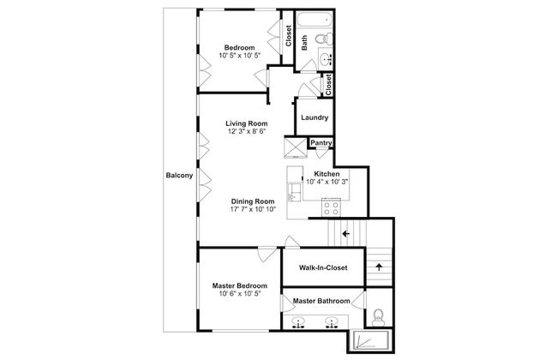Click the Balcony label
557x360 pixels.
(179, 175)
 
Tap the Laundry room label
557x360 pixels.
(314, 117)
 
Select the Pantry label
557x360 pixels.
(321, 142)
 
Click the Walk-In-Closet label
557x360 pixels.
(323, 267)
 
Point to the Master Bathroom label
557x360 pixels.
(321, 301)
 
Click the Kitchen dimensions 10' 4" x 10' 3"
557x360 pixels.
(326, 182)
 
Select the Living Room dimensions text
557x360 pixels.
(247, 131)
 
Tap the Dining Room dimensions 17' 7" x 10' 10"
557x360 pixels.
(253, 209)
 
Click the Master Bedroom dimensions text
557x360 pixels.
(240, 293)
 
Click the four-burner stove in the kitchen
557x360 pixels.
(331, 207)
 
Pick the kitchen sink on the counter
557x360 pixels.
(293, 192)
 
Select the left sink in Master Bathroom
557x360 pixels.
(298, 322)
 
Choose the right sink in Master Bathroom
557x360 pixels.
(331, 322)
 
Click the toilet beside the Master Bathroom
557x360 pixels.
(378, 317)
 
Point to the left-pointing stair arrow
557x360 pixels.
(345, 233)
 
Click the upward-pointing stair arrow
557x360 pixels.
(380, 267)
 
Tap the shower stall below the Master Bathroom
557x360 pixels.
(371, 341)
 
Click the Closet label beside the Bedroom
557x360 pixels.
(289, 35)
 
